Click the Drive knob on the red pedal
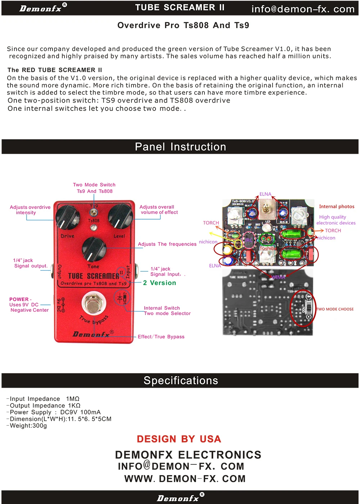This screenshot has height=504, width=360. (x=68, y=217)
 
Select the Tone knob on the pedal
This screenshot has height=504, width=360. (x=94, y=249)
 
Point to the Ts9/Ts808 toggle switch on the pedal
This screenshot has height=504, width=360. (x=94, y=212)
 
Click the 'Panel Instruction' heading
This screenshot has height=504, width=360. (x=180, y=147)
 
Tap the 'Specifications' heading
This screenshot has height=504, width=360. (x=181, y=381)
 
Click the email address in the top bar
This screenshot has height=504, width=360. (x=303, y=9)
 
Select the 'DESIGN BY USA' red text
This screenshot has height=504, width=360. (x=179, y=439)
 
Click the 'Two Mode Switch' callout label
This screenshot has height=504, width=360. (x=94, y=185)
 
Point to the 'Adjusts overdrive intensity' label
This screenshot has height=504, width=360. (x=30, y=210)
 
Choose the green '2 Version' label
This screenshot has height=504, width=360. (x=159, y=283)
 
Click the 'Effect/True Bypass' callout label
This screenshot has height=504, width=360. (x=161, y=337)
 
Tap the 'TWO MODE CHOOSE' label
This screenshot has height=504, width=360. (x=335, y=309)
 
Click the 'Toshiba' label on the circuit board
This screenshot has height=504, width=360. (x=268, y=248)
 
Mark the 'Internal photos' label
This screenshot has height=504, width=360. (x=337, y=206)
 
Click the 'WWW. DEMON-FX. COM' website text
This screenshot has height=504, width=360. (x=185, y=479)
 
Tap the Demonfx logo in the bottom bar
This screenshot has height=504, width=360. (x=178, y=498)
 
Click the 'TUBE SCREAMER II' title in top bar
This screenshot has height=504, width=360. (x=180, y=8)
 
